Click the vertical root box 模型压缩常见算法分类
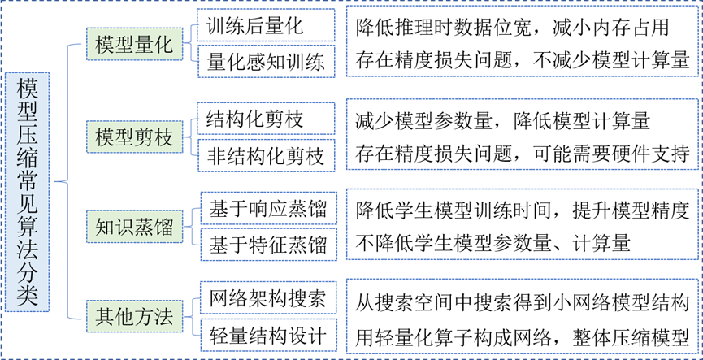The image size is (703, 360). coord(27,193)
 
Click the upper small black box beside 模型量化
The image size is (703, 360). coord(267,24)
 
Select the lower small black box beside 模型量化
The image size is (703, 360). coord(267,61)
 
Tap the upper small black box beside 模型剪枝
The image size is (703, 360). coord(267,118)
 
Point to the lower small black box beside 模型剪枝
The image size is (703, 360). coord(267,155)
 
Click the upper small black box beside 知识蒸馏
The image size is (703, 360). coord(269,208)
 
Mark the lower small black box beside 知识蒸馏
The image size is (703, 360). coord(269,245)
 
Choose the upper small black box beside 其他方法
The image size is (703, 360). coord(269,297)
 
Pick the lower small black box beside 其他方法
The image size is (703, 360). coord(269,335)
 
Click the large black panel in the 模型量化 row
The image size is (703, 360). coord(522,41)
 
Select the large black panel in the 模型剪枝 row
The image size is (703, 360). coord(522,134)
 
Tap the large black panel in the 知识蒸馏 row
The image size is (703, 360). coord(522,224)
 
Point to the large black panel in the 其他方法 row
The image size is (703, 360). coord(522,316)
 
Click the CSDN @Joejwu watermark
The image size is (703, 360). coord(658,345)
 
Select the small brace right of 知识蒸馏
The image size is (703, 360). coord(194,227)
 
